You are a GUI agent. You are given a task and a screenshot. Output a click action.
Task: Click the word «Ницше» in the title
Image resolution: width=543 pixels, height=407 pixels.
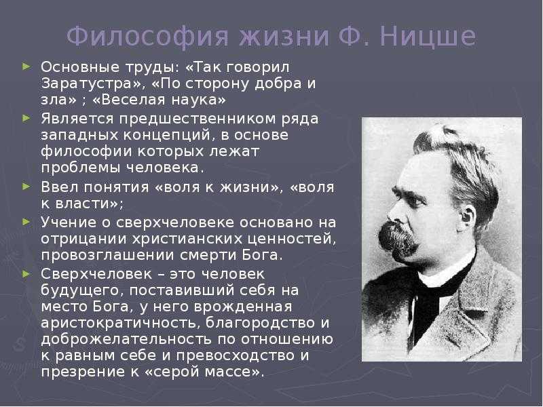tap(428, 36)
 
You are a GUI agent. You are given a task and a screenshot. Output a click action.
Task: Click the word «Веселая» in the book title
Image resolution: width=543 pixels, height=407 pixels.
tap(130, 100)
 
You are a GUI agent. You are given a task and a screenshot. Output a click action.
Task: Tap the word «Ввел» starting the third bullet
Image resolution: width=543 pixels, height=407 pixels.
tap(60, 187)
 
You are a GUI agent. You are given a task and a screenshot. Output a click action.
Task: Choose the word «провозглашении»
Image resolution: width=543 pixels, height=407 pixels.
tap(108, 256)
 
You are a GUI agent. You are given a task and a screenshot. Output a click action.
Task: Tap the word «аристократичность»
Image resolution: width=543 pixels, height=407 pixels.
tap(120, 324)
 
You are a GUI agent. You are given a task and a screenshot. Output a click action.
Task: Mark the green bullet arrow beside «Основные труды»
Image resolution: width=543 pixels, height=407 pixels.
tap(26, 65)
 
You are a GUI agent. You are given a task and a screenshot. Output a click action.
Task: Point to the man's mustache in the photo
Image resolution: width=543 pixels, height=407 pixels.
tap(398, 239)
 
